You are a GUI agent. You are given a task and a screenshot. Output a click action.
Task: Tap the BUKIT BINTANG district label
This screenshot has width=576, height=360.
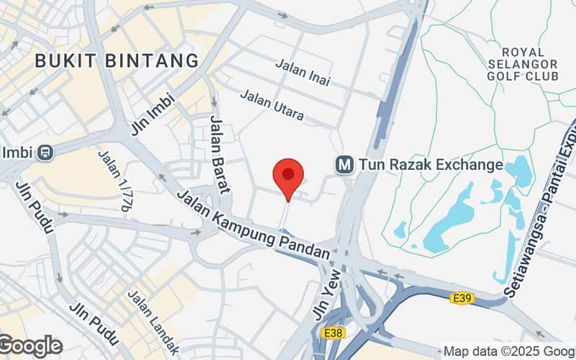[117, 60]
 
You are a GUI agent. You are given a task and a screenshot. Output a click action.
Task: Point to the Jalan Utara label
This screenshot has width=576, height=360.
[271, 105]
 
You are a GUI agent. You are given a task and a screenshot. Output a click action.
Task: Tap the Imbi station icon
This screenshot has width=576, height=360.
[45, 153]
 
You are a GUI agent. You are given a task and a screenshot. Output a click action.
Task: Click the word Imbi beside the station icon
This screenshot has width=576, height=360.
[18, 153]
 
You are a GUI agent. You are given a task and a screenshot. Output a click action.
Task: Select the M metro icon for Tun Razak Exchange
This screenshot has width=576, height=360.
[344, 165]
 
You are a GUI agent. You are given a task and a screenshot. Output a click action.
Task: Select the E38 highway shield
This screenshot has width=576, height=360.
[333, 333]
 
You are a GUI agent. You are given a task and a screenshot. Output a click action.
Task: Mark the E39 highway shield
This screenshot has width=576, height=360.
[462, 297]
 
